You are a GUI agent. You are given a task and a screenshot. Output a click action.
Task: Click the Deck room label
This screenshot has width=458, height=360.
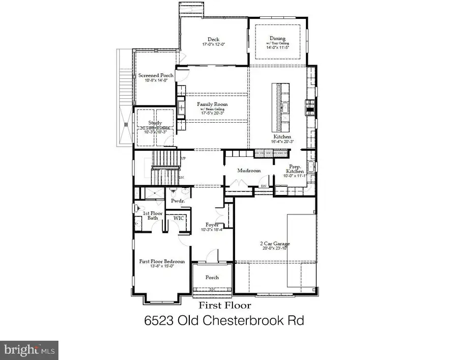pyautogui.click(x=213, y=39)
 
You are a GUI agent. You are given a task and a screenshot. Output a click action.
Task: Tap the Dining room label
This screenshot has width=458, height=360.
pyautogui.click(x=278, y=39)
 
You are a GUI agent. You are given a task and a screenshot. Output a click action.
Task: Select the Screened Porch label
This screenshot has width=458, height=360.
pyautogui.click(x=156, y=75)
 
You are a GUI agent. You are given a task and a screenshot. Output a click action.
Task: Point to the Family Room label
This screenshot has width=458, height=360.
pyautogui.click(x=212, y=104)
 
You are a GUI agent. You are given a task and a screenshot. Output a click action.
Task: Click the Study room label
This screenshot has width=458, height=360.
pyautogui.click(x=155, y=123)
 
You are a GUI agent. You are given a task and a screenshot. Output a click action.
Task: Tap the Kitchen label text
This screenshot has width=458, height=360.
pyautogui.click(x=282, y=137)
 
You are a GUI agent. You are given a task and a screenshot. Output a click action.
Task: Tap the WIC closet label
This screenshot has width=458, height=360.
pyautogui.click(x=179, y=218)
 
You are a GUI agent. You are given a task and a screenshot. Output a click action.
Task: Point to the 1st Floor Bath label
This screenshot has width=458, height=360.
pyautogui.click(x=152, y=215)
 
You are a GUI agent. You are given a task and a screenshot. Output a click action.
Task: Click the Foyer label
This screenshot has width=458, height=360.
pyautogui.click(x=212, y=225)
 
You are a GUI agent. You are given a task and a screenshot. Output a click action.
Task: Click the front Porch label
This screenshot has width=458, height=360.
pyautogui.click(x=212, y=278)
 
